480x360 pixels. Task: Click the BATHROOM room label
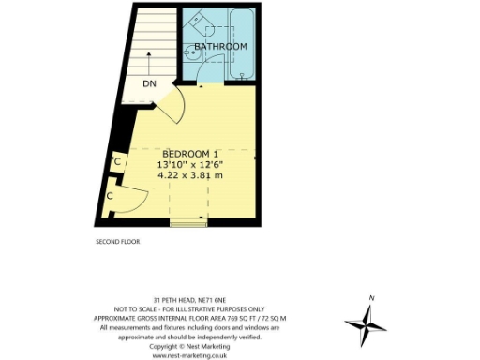[x=221, y=46]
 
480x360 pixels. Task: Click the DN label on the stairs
[x=150, y=84]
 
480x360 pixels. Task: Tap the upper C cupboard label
[x=116, y=162]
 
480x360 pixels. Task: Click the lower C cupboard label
[x=110, y=196]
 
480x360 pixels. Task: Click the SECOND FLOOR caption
[x=117, y=242]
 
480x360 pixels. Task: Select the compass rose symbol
[x=365, y=325]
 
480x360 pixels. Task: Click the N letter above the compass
[x=372, y=298]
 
